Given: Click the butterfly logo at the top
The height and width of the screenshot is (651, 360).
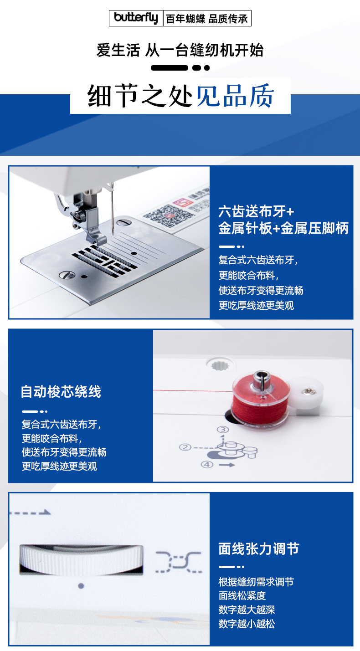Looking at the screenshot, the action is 136,18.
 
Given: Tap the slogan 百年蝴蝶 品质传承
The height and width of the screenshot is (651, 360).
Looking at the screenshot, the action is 207,19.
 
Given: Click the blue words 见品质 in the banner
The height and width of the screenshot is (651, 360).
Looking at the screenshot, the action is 235,96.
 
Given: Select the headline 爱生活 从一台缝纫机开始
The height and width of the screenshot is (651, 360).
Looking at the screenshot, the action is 180,50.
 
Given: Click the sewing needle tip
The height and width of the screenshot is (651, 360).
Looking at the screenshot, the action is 113,236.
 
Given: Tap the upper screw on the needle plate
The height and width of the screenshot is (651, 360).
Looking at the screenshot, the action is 124,223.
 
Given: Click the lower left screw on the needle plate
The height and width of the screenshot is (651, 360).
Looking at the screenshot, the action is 67,275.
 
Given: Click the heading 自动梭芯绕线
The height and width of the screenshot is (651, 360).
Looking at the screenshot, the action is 61,391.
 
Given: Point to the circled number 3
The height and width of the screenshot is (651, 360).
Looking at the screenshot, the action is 223,430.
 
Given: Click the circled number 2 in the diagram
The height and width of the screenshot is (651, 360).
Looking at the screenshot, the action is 185,447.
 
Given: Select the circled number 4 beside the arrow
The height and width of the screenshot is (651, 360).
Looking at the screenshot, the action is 207,464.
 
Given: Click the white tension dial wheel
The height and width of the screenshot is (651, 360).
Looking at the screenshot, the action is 82,559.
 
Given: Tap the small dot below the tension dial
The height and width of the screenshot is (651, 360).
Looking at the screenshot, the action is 81,586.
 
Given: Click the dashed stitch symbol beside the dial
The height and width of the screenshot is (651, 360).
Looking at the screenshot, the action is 179,562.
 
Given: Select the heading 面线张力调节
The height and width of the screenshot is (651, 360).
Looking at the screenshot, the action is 259,549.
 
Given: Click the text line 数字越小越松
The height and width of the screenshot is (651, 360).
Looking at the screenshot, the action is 247,624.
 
